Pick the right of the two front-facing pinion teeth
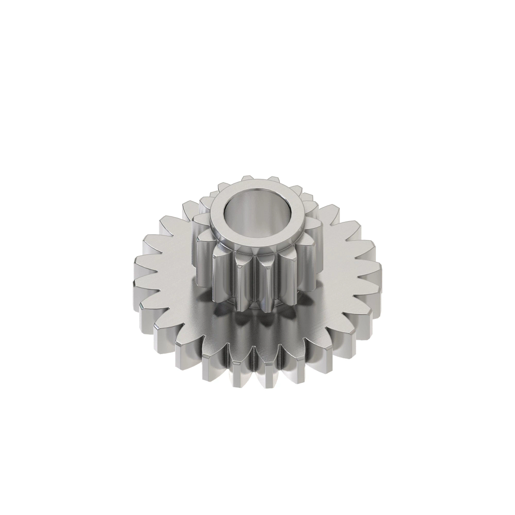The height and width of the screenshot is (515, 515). pos(269,279)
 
